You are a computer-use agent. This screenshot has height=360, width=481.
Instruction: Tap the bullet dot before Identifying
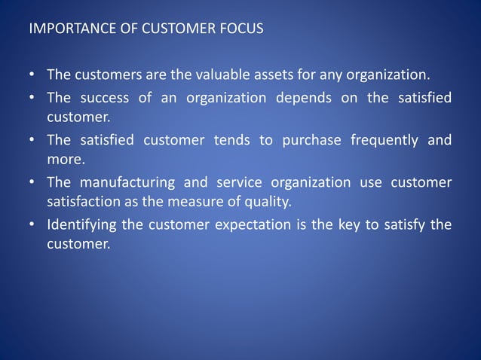32,225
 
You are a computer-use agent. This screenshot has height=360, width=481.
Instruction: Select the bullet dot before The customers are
32,76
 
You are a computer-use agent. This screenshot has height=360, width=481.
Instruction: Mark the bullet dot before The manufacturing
32,182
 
